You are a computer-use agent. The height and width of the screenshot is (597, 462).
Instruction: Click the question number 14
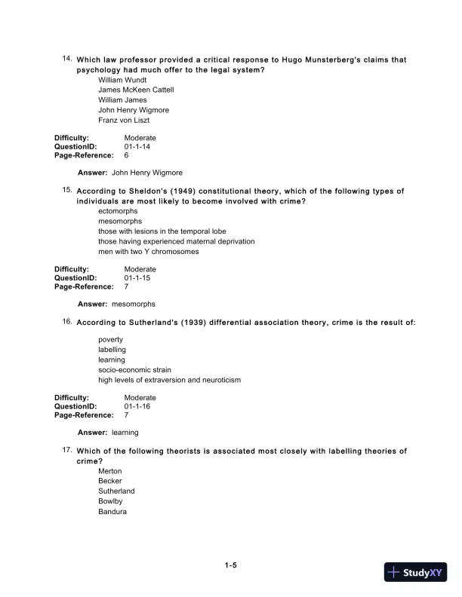tap(66, 58)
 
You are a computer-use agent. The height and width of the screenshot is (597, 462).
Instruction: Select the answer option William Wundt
tap(122, 79)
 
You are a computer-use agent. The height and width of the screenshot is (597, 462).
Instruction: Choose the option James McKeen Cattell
tap(136, 90)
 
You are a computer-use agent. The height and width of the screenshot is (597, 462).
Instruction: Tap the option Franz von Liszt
tap(129, 120)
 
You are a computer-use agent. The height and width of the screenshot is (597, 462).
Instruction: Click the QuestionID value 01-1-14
tap(140, 147)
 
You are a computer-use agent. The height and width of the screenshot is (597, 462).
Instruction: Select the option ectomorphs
tap(118, 211)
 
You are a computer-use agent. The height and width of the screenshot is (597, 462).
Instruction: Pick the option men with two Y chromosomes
tap(149, 252)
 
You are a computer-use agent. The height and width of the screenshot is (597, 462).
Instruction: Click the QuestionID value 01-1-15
tap(140, 279)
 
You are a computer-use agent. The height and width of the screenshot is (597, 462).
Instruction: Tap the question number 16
tap(66, 322)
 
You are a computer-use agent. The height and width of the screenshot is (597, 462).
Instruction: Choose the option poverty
tap(110, 339)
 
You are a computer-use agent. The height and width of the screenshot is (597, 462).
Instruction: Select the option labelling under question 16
tap(112, 350)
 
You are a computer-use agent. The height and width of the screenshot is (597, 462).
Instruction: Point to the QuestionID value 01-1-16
tap(140, 406)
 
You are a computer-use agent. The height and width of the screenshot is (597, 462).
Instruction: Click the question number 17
tap(66, 450)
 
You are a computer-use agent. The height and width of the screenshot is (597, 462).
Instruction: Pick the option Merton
tap(109, 471)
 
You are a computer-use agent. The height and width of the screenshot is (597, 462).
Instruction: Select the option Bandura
tap(112, 512)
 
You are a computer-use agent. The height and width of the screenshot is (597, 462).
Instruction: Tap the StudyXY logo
tap(417, 572)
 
